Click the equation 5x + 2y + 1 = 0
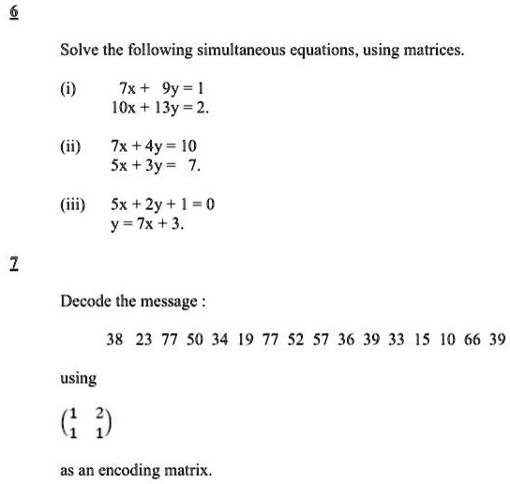tap(163, 204)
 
